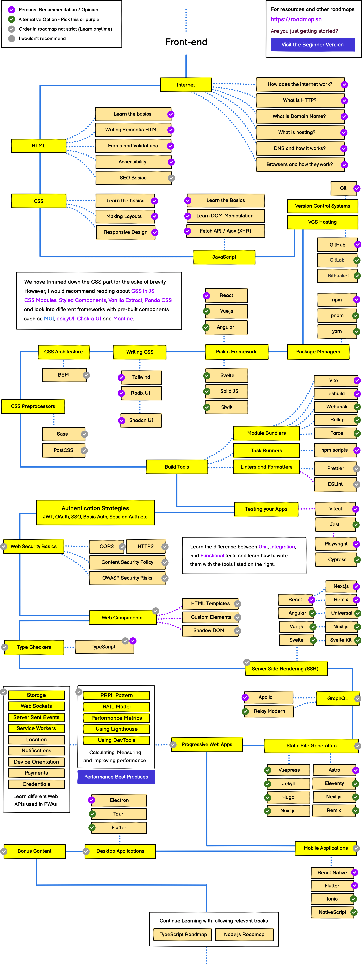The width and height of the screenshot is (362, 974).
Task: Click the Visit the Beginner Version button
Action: pos(312,45)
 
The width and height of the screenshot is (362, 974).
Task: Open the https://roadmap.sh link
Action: pos(296,19)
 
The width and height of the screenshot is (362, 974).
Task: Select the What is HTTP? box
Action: pos(300,100)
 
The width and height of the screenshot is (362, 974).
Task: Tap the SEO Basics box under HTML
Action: pos(133,178)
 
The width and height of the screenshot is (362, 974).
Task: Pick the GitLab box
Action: pos(337,260)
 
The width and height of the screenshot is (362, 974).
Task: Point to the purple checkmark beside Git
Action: pos(357,188)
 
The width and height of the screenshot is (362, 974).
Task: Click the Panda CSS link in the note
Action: pos(158,300)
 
